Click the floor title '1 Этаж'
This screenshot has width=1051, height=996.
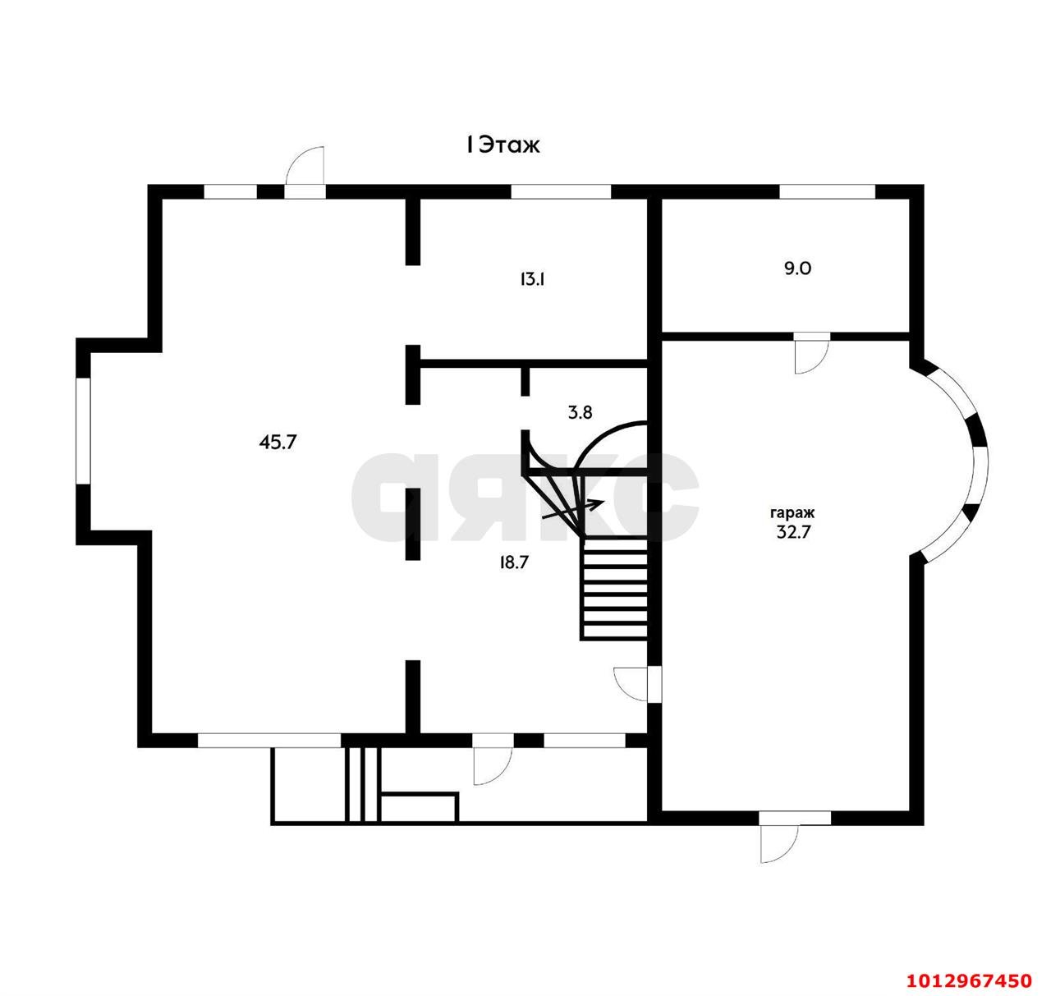[x=503, y=145]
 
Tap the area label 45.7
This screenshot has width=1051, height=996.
[x=278, y=442]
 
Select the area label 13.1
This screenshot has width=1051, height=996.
[x=531, y=280]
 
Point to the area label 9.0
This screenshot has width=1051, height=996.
[x=797, y=269]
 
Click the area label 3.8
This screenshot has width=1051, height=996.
[x=580, y=412]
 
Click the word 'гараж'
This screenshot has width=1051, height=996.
[x=792, y=514]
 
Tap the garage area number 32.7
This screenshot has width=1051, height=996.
[x=793, y=532]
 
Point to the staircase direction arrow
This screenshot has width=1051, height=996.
[x=573, y=509]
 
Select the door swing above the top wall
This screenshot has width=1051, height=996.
[x=304, y=166]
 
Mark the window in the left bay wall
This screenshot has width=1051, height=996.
[x=83, y=431]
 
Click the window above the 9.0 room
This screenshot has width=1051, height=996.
[x=827, y=191]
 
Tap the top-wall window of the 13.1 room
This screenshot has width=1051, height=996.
[x=561, y=191]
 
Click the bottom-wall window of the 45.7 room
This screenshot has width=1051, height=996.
[x=268, y=740]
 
